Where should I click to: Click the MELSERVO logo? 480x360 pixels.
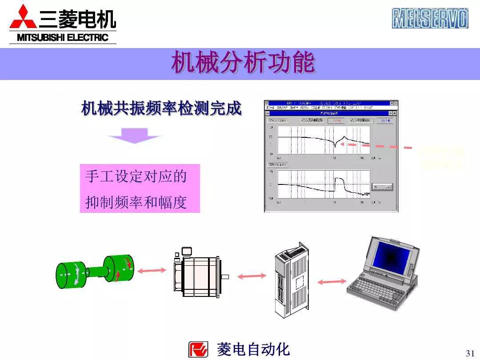[430, 18]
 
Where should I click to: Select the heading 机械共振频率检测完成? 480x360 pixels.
[161, 108]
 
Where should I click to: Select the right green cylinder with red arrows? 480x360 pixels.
[118, 269]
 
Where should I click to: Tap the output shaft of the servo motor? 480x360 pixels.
[224, 276]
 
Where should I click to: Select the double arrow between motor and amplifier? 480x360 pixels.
[251, 276]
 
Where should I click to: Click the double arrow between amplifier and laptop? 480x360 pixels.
[332, 281]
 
